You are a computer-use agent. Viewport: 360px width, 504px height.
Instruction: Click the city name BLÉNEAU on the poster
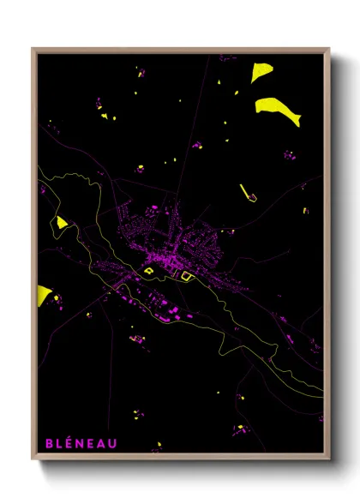[82, 443]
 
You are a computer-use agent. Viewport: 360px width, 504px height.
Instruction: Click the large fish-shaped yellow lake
[278, 110]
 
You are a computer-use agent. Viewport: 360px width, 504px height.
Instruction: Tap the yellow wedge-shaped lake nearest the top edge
[261, 71]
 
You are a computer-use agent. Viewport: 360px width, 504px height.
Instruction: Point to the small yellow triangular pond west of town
[62, 222]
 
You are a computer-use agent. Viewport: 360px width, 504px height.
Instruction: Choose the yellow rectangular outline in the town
[185, 275]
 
